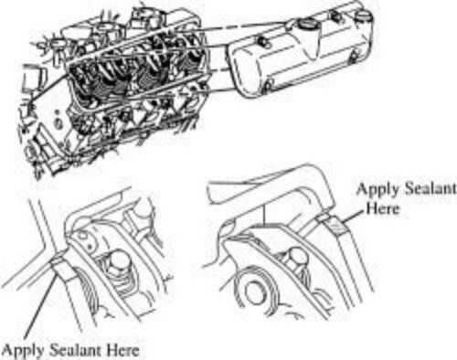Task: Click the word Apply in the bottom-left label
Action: click(22, 351)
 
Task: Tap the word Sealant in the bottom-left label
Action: click(75, 349)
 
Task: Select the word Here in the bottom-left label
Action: click(122, 350)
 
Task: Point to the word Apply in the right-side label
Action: click(377, 190)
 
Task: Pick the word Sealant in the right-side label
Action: click(430, 188)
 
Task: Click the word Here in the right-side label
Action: click(383, 208)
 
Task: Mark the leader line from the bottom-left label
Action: click(40, 303)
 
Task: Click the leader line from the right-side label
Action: click(352, 217)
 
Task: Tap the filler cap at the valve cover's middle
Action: click(305, 23)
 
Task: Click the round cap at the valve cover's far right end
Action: click(364, 16)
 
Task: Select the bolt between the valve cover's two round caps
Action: click(335, 16)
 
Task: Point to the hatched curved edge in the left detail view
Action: click(89, 290)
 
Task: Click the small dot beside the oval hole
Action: click(89, 245)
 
